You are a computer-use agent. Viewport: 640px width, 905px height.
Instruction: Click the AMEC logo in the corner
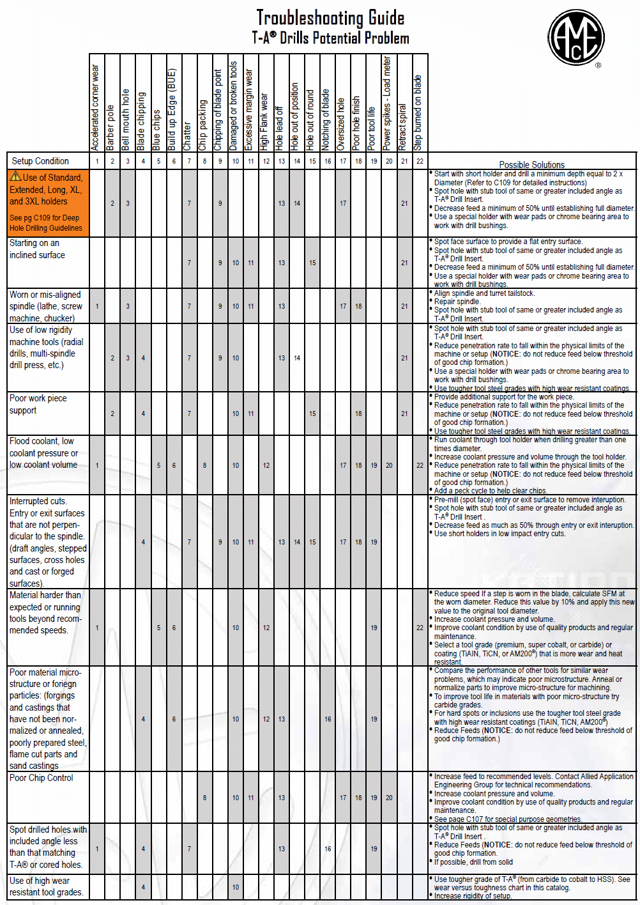575,37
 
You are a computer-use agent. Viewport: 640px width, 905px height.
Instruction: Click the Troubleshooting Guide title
330,18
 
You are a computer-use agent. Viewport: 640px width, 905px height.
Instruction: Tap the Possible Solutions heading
531,164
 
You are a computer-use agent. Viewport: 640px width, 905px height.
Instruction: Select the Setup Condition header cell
40,161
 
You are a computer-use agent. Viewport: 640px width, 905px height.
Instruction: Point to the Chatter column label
188,135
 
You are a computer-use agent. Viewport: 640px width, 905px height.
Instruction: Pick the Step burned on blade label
418,112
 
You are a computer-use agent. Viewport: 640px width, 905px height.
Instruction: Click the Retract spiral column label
403,127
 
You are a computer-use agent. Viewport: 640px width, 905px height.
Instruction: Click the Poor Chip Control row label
42,778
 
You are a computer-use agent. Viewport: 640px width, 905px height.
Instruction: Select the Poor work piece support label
38,404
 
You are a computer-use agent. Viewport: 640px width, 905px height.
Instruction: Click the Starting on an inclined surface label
37,249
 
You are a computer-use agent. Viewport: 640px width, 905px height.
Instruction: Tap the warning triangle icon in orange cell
15,176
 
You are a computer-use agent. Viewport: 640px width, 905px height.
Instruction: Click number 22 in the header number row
420,161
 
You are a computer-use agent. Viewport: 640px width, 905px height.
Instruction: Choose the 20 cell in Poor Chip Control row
389,798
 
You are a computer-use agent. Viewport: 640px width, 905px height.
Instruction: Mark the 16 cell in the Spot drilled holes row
328,849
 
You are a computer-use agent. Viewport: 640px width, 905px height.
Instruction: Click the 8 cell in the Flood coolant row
204,465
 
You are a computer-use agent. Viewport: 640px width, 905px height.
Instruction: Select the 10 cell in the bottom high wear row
236,886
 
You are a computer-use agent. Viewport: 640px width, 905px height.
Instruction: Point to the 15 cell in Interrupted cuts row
312,542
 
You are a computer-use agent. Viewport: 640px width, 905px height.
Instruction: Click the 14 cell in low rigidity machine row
297,358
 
